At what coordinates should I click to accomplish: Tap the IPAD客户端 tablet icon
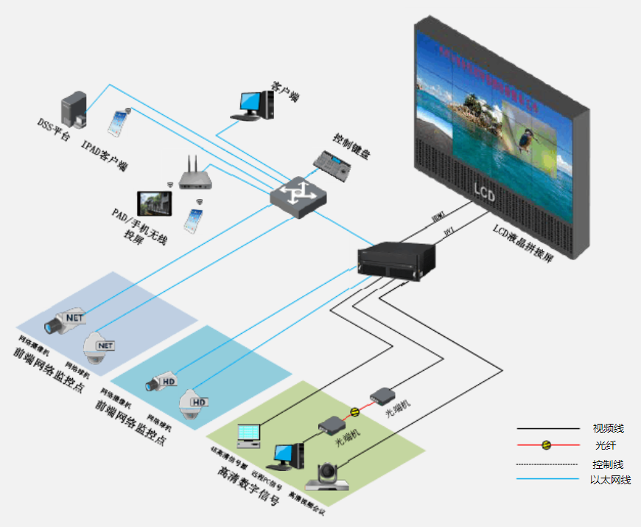[x=118, y=123]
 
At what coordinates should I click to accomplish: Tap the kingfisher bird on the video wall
[x=528, y=137]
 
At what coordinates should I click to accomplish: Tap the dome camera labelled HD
[x=193, y=402]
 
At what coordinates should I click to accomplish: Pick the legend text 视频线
[x=609, y=428]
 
